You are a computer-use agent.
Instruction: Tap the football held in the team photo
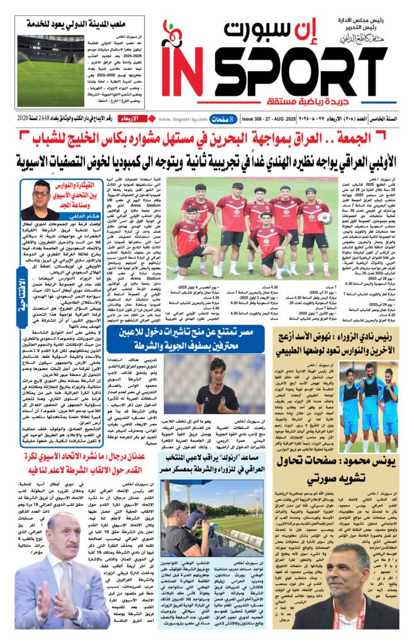coord(325,218)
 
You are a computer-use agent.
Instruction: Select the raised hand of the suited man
coord(40,597)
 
